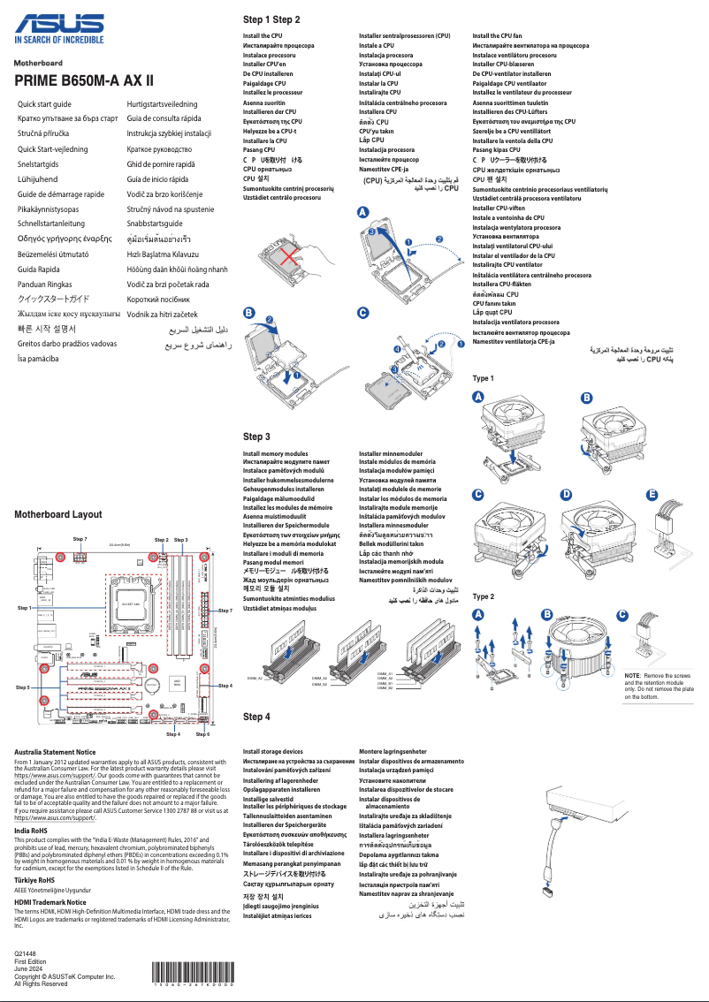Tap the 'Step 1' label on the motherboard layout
24,609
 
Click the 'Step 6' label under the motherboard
202,734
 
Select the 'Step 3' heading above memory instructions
256,436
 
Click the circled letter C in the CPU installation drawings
362,314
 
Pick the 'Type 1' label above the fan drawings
484,378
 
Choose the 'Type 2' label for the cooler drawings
484,596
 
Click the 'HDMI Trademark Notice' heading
50,902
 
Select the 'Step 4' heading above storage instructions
256,717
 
